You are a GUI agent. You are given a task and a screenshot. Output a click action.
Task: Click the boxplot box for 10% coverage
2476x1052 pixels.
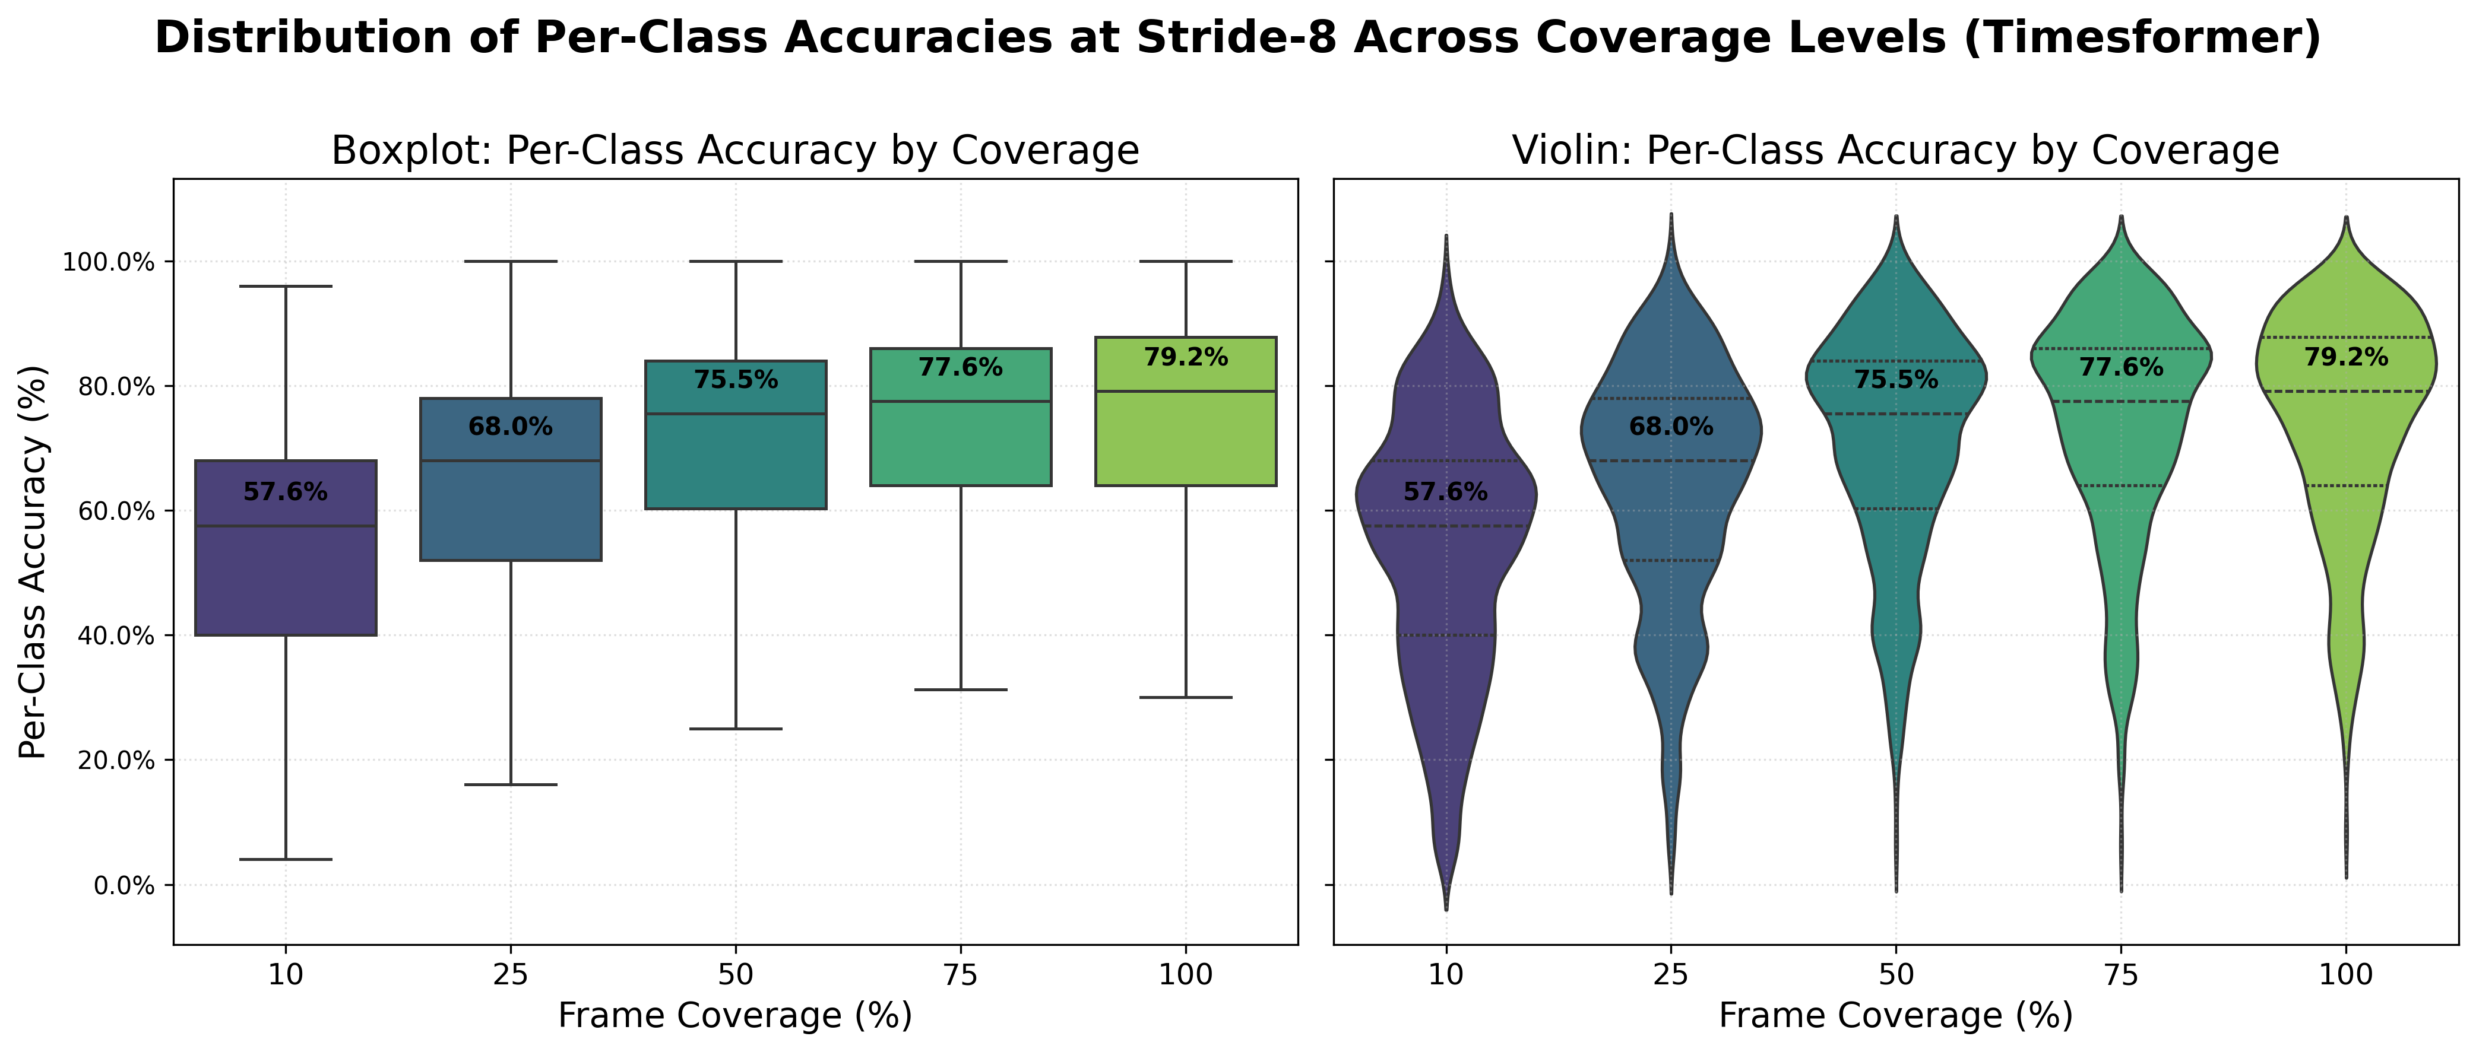point(286,577)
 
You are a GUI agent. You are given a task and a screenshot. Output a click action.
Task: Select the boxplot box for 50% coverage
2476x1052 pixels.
point(735,461)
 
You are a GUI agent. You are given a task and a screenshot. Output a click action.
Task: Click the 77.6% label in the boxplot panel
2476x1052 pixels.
point(960,368)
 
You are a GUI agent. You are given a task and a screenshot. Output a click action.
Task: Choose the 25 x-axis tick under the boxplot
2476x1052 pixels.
point(511,975)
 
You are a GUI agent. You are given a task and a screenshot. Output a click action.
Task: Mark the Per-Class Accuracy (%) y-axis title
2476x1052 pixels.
point(34,562)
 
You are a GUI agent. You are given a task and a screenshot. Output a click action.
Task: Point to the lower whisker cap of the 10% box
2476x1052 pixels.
point(286,859)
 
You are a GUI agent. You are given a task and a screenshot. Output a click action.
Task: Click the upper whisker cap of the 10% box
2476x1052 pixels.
point(286,287)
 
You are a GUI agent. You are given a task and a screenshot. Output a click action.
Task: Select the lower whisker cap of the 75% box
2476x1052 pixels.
point(960,690)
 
